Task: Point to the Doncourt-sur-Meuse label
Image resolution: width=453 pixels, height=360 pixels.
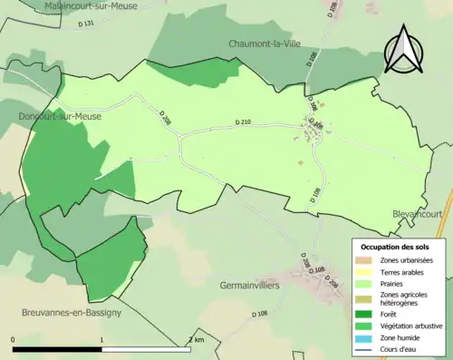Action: (59, 117)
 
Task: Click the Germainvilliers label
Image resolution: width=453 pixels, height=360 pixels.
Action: (250, 285)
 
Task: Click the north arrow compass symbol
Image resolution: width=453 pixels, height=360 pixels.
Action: (403, 50)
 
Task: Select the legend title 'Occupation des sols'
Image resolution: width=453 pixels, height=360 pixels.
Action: (395, 247)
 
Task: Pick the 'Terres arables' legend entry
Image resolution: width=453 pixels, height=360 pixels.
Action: (400, 272)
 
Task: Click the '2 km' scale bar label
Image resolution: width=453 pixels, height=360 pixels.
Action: (196, 339)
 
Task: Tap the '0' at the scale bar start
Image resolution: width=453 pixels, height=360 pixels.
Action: (14, 339)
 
